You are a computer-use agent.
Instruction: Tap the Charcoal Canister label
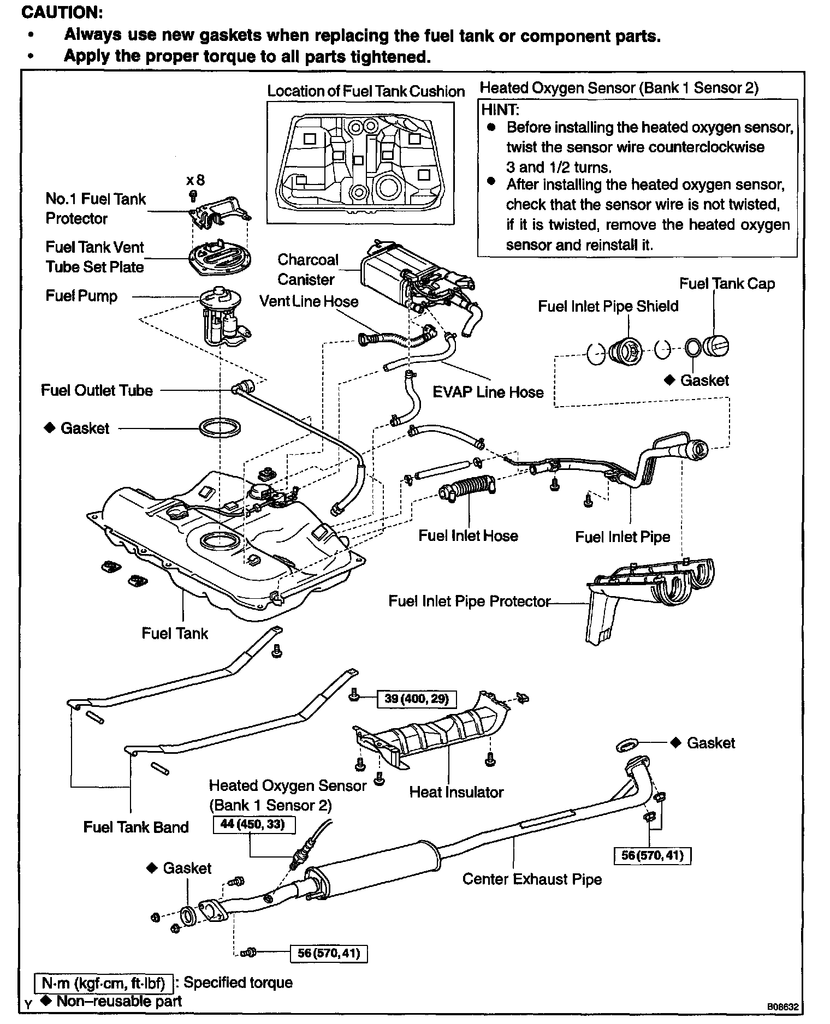tap(307, 269)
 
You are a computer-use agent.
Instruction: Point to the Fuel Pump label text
tap(81, 296)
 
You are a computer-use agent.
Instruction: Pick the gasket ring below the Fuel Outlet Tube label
tap(219, 427)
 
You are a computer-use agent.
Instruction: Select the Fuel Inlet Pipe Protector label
tap(469, 601)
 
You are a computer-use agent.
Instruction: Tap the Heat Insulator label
tap(456, 792)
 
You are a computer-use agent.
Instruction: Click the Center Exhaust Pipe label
tap(532, 879)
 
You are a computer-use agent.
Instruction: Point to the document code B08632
tap(783, 1006)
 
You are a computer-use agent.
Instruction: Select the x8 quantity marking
tap(195, 180)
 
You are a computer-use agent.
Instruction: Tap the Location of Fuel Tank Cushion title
tap(366, 91)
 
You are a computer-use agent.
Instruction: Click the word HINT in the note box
tap(499, 109)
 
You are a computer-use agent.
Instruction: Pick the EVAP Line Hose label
tap(488, 392)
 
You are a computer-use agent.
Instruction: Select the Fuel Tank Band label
tap(136, 827)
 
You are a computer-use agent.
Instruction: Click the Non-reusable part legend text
tap(118, 1001)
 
